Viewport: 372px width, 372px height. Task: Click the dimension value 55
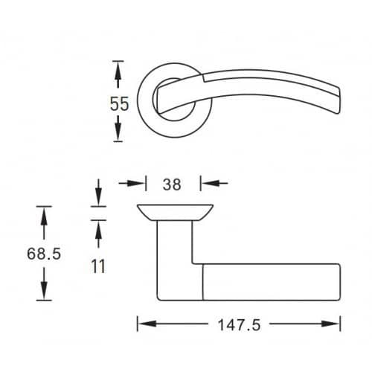pyautogui.click(x=119, y=103)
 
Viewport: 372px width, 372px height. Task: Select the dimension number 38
pyautogui.click(x=172, y=185)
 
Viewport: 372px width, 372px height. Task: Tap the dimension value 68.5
pyautogui.click(x=44, y=254)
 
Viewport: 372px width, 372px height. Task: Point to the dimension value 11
pyautogui.click(x=98, y=266)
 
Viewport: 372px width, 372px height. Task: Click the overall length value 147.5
pyautogui.click(x=240, y=325)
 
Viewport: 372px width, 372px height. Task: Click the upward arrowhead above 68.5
pyautogui.click(x=44, y=216)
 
